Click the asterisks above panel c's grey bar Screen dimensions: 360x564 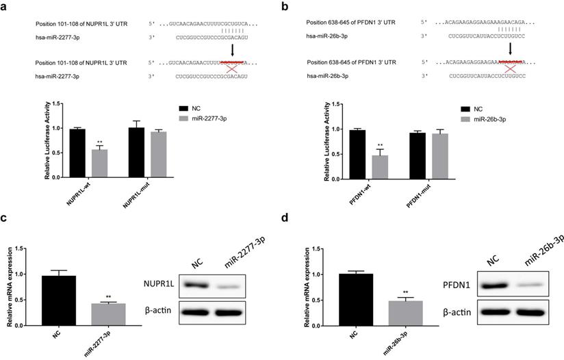pos(108,297)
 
